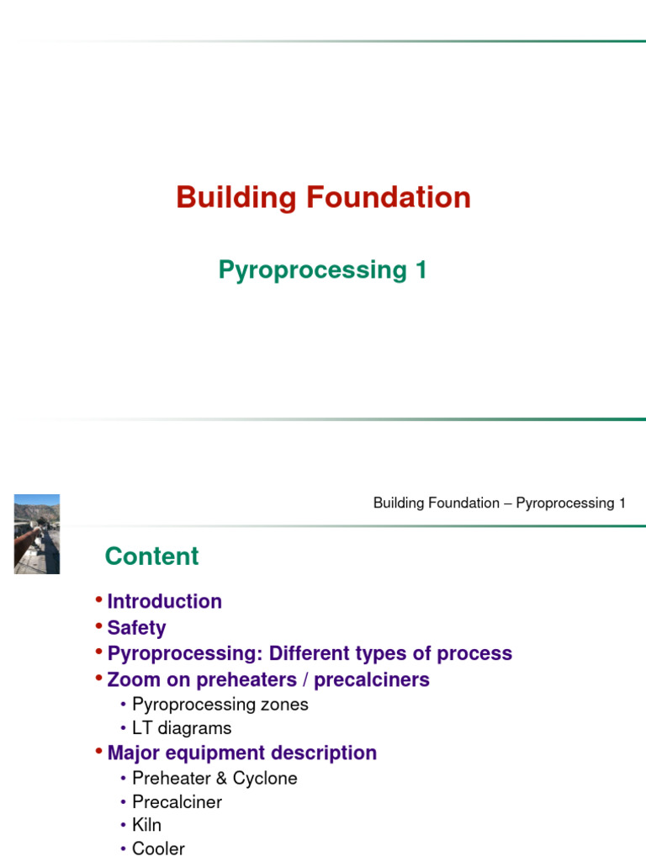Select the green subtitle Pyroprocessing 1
(322, 270)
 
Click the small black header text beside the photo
(499, 503)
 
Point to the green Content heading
(151, 556)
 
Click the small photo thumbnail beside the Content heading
(37, 534)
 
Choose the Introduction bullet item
(164, 602)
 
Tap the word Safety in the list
(136, 628)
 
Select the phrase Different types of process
(390, 654)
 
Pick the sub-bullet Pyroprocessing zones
(220, 705)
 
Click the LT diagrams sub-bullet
(181, 728)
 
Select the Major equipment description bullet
(241, 753)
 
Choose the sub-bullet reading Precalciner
(177, 802)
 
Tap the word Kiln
(146, 826)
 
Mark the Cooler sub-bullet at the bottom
(158, 849)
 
